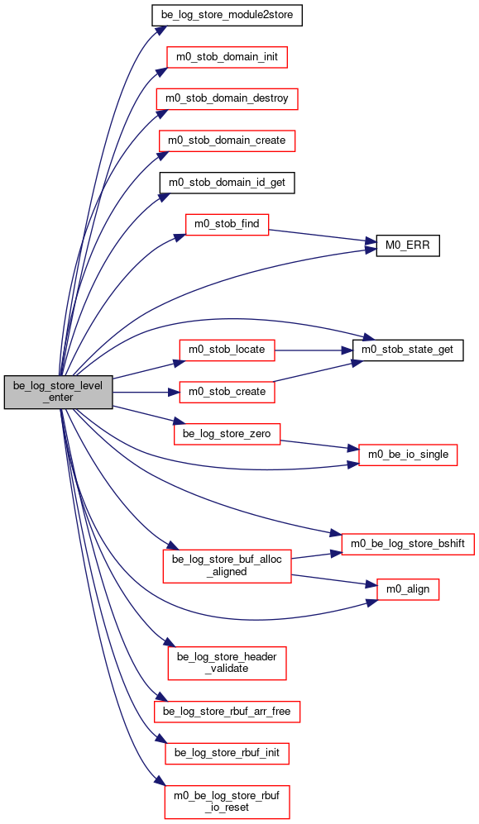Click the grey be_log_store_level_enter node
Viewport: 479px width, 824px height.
59,392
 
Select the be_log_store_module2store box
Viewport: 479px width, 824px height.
228,15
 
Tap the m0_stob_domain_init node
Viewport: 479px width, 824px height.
228,57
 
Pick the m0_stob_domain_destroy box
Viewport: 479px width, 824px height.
228,99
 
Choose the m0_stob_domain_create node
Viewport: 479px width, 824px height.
228,141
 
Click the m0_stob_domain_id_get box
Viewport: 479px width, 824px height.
228,183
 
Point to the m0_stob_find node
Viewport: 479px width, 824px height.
228,225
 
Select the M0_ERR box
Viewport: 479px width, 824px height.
408,246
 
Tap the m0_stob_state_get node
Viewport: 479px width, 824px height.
408,350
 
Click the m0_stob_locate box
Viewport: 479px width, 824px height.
228,350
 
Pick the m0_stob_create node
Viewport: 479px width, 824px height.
228,393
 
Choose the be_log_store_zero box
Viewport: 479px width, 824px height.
228,434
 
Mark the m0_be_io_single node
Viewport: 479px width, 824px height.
408,455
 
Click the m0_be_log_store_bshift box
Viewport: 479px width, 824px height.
408,544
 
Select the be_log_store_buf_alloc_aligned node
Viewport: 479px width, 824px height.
228,566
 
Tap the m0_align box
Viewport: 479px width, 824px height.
408,589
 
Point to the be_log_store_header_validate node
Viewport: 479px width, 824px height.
228,663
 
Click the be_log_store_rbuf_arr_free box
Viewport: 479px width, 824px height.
228,712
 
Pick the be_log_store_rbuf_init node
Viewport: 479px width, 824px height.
228,754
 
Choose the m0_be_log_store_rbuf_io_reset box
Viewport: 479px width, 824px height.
228,802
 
